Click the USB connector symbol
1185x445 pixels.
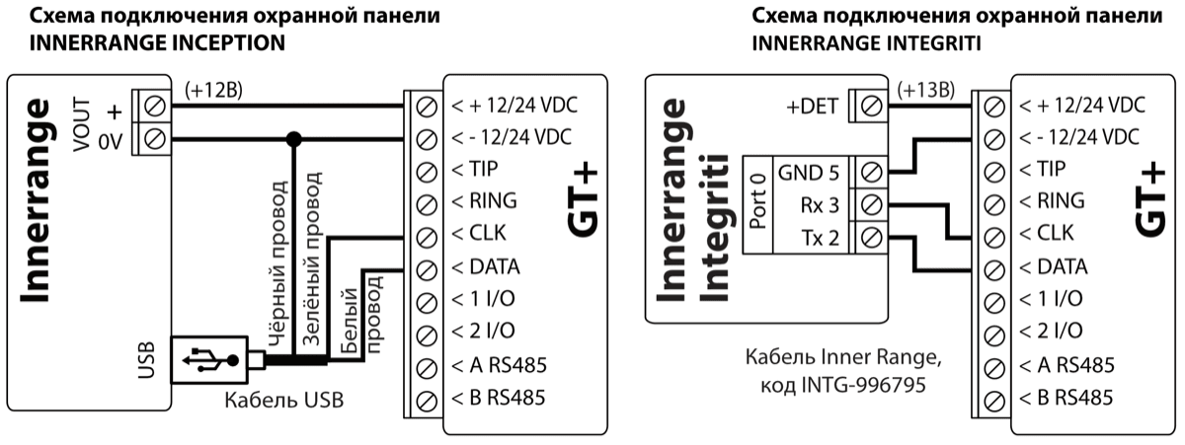pyautogui.click(x=209, y=363)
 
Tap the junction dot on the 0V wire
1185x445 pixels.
pyautogui.click(x=292, y=137)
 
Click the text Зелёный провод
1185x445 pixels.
pyautogui.click(x=312, y=260)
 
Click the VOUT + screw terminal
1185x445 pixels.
pyautogui.click(x=153, y=104)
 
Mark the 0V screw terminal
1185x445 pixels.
pyautogui.click(x=153, y=137)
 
